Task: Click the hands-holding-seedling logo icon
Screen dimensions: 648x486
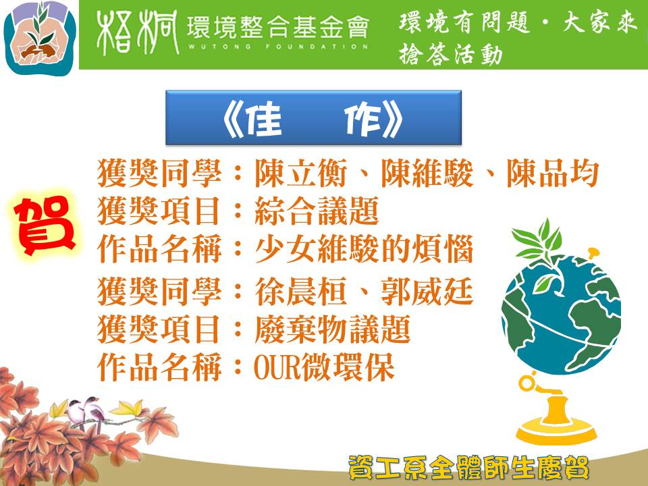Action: pos(40,38)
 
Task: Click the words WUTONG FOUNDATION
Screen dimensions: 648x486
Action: pos(277,47)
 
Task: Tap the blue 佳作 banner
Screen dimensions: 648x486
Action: pos(313,117)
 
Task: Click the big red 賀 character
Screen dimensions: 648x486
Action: pos(44,225)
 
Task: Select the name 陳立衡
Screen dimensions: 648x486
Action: pos(301,173)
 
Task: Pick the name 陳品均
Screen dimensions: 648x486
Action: pos(553,173)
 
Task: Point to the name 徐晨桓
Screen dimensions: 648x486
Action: pos(301,292)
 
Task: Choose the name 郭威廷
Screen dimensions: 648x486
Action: pos(427,292)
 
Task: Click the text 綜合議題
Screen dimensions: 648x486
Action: pos(317,211)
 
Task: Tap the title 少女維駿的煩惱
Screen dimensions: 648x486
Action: pos(364,249)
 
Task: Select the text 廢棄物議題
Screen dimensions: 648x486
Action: pos(332,329)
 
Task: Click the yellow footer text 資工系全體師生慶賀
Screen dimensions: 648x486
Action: pos(468,467)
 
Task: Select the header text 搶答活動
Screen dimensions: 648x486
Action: pos(450,55)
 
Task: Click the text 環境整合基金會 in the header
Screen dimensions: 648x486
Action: pos(277,27)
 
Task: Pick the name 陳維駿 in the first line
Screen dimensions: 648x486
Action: pos(427,173)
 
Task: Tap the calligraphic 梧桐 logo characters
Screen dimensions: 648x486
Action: pos(138,32)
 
